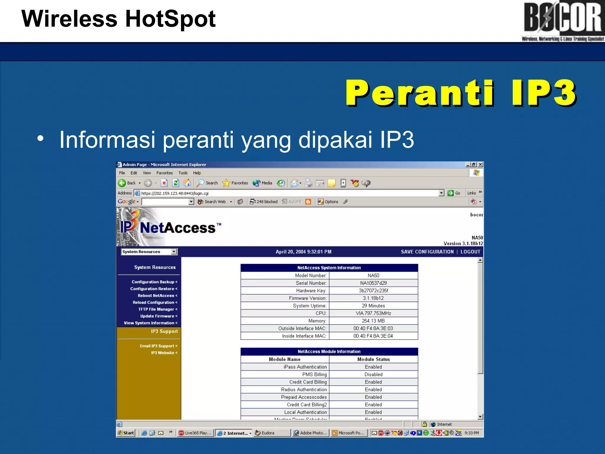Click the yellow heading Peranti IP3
[x=461, y=93]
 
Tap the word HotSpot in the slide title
[x=170, y=19]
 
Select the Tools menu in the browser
[x=183, y=173]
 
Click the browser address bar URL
[x=175, y=193]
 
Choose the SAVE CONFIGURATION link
[x=427, y=252]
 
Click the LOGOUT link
[x=470, y=252]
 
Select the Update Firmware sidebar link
[x=158, y=316]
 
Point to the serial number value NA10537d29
[x=373, y=283]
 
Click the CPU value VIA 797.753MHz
[x=373, y=313]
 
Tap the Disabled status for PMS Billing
[x=373, y=374]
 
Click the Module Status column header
[x=373, y=359]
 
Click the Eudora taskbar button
[x=268, y=433]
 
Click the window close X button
[x=481, y=165]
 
